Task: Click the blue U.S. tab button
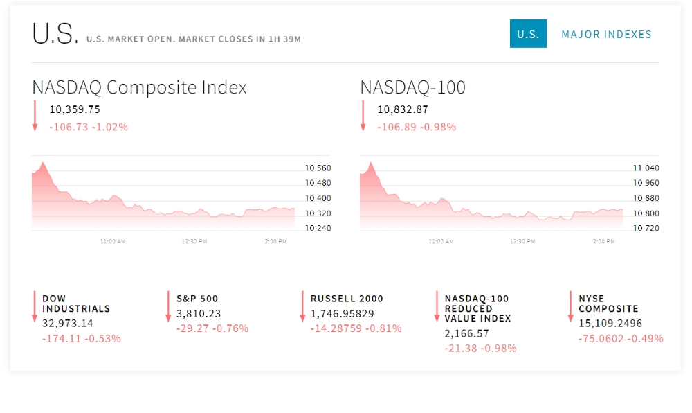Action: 528,34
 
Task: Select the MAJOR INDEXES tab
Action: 606,34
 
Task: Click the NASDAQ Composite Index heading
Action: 139,87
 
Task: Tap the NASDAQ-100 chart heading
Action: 412,87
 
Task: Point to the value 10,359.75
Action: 75,109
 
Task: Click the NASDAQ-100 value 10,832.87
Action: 403,109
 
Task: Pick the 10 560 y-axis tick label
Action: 318,168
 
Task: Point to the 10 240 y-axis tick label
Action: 318,228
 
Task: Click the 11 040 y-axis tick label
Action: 646,168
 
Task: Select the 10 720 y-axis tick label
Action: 646,228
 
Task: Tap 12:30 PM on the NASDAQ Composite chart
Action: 194,242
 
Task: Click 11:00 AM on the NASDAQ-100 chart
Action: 441,242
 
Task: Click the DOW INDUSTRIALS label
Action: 76,304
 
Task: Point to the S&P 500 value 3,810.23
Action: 199,313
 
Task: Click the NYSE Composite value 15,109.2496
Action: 610,323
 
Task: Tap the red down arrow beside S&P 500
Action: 168,306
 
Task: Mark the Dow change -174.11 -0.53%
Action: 82,338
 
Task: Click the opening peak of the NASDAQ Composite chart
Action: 43,164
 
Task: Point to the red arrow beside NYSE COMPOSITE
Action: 570,306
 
